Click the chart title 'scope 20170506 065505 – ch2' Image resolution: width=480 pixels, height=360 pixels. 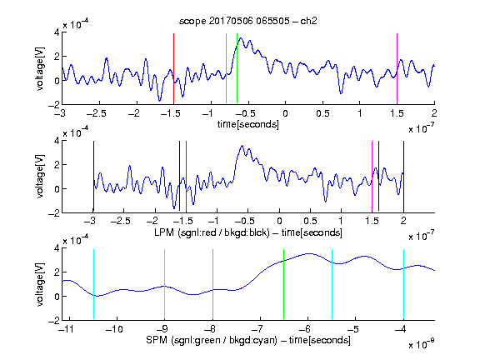point(248,21)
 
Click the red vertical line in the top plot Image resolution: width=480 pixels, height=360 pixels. point(173,68)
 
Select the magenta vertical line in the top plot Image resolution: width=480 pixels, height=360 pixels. point(397,68)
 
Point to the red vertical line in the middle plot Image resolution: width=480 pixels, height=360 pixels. point(186,177)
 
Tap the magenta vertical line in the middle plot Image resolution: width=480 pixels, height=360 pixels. point(372,177)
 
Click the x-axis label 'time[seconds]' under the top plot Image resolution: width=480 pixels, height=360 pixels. point(248,124)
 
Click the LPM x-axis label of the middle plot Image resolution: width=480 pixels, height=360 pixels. point(248,232)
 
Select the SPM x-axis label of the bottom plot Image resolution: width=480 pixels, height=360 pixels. point(248,340)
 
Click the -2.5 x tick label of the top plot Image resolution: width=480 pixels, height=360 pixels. point(96,114)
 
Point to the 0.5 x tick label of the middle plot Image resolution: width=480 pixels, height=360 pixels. point(310,221)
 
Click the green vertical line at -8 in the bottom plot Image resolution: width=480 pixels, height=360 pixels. point(212,284)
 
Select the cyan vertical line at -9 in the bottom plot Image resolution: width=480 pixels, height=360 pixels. point(164,284)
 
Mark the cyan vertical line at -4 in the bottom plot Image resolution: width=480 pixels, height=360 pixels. point(403,284)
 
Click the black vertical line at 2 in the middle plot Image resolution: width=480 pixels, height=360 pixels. point(403,177)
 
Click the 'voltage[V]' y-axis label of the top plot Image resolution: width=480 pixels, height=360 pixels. point(40,68)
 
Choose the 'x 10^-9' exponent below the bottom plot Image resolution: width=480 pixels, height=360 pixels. point(422,344)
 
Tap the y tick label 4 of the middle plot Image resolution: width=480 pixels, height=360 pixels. point(57,141)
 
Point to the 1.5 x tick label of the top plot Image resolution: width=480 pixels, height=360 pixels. point(397,114)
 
